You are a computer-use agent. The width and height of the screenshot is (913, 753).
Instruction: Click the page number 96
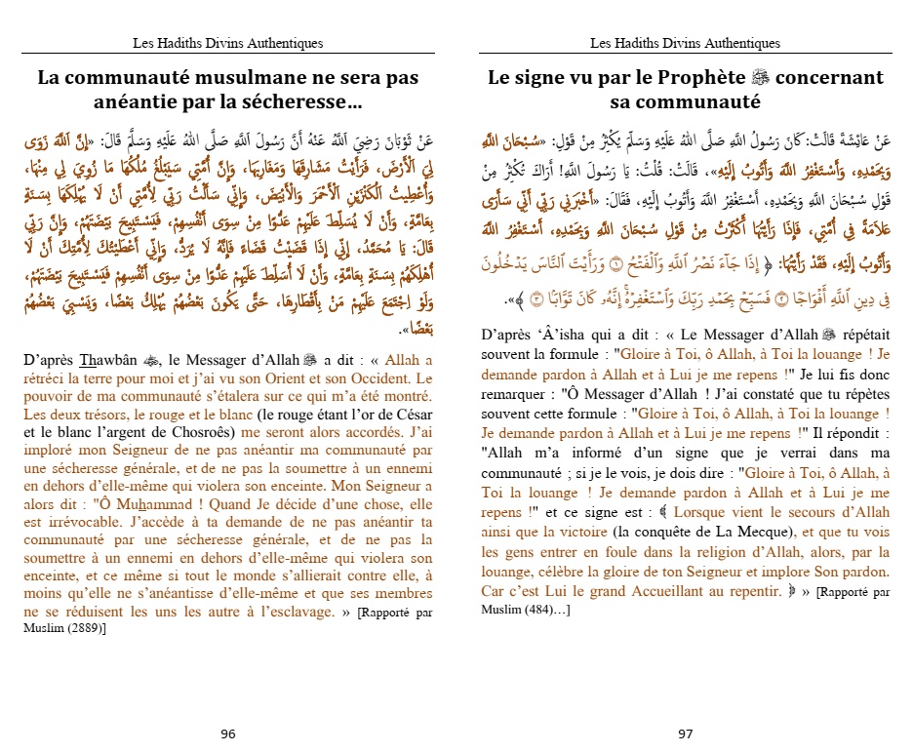[x=227, y=733]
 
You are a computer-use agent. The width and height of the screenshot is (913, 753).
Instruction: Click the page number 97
[x=685, y=733]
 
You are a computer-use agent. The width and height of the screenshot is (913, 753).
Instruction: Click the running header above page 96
[x=227, y=43]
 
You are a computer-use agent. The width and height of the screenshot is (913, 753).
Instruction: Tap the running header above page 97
[x=685, y=43]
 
